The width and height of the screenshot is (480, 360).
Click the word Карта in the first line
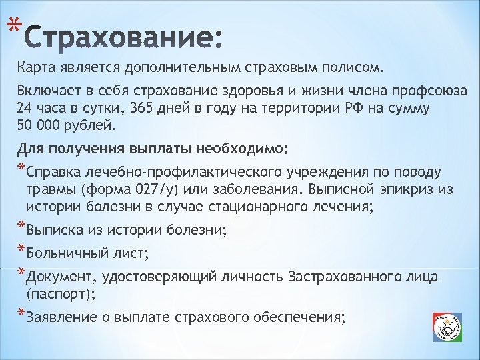pos(37,67)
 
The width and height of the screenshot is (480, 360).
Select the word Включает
pos(47,91)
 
